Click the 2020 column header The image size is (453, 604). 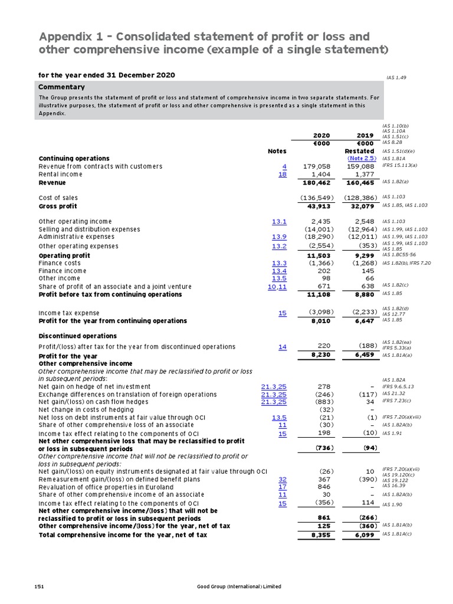click(x=321, y=135)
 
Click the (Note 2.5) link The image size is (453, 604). click(x=362, y=159)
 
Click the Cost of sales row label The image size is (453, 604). click(x=58, y=198)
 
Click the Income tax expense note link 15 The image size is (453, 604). click(x=283, y=313)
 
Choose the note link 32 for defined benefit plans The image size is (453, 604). click(x=283, y=480)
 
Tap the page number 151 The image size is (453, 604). click(x=40, y=586)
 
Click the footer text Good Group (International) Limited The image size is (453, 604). click(x=239, y=586)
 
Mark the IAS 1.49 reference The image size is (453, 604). click(x=396, y=78)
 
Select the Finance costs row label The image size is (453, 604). click(x=60, y=263)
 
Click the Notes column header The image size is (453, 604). click(x=277, y=151)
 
